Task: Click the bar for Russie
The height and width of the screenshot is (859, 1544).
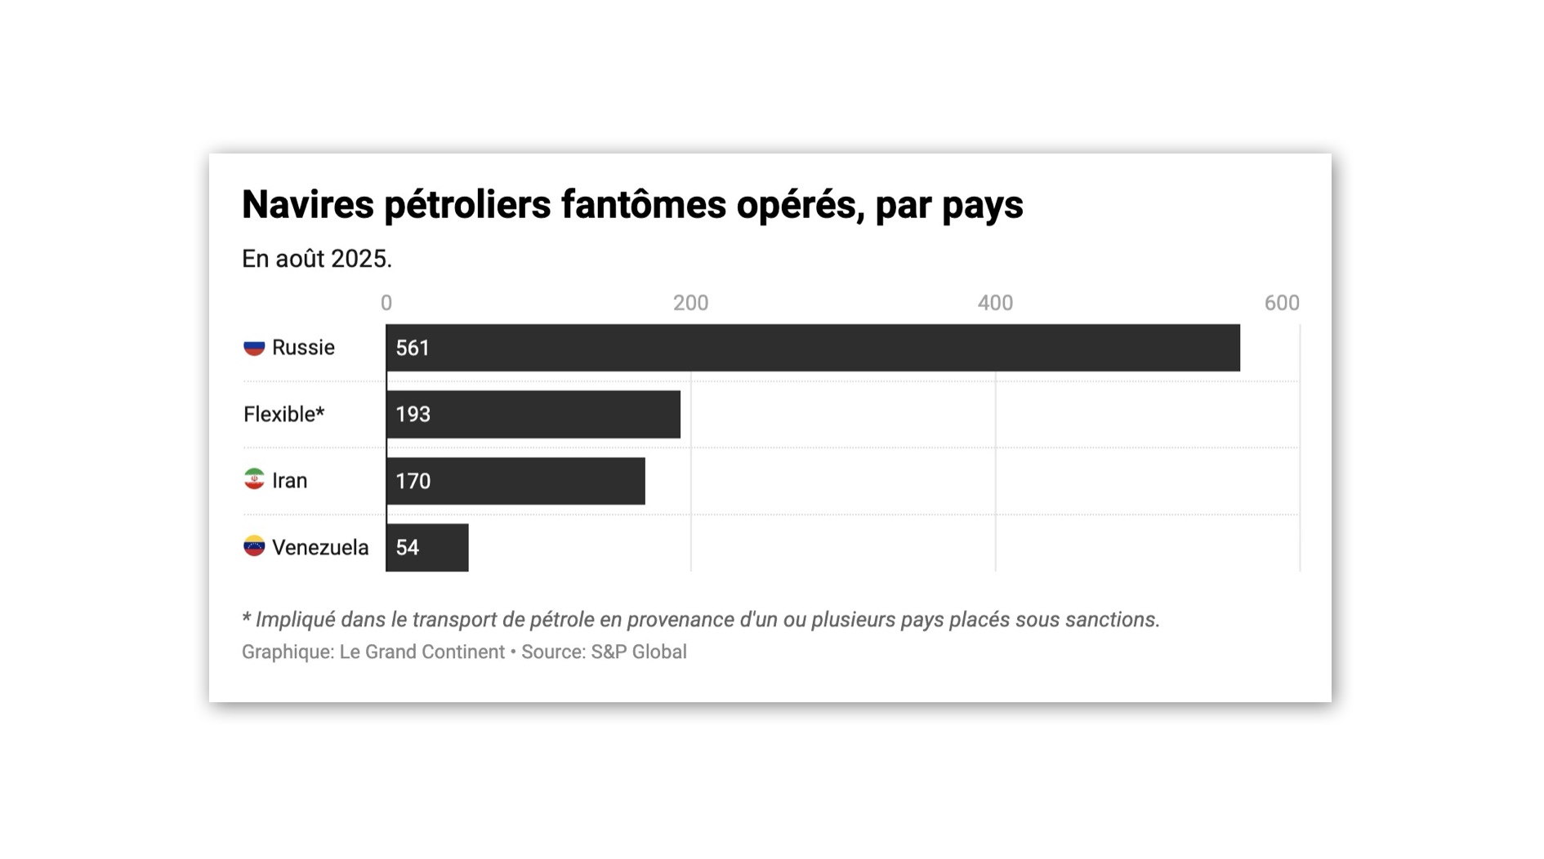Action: tap(813, 348)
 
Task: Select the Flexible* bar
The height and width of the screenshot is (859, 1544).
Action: tap(533, 414)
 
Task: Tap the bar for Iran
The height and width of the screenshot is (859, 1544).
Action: tap(515, 481)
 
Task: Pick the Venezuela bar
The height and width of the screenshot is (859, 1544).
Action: tap(427, 547)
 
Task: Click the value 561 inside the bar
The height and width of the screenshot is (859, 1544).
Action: tap(413, 349)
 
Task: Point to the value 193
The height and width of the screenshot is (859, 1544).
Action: tap(413, 415)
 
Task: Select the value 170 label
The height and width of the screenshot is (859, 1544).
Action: tap(413, 482)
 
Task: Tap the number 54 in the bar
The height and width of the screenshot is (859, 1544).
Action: tap(407, 548)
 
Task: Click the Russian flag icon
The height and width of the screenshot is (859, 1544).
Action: tap(254, 348)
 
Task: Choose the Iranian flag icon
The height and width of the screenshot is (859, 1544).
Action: tap(254, 479)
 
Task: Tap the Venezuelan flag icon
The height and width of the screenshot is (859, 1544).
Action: tap(254, 546)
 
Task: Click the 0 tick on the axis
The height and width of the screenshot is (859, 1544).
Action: tap(386, 304)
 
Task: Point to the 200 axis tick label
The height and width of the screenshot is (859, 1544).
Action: tap(690, 304)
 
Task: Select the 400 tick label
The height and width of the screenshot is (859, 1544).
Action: tap(995, 304)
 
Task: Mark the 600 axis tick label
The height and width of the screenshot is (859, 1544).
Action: tap(1281, 304)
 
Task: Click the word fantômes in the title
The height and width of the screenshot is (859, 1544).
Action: tap(643, 205)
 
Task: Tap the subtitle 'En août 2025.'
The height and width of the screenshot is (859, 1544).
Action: tap(317, 259)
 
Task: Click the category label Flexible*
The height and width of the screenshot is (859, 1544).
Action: tap(283, 415)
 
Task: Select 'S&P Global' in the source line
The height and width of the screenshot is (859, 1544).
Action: tap(639, 652)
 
